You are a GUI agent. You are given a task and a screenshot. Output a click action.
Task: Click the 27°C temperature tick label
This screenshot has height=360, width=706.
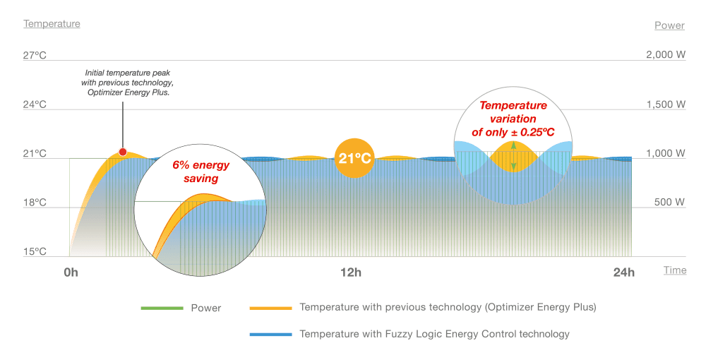pos(35,55)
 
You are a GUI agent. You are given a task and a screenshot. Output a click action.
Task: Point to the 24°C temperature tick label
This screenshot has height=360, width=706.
pos(35,104)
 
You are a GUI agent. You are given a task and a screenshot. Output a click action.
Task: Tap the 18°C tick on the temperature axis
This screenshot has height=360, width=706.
pos(35,203)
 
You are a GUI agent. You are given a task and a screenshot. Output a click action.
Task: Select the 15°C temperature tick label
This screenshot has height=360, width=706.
pos(35,252)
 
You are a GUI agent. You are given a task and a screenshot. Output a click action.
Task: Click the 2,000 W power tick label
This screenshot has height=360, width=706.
pos(666,55)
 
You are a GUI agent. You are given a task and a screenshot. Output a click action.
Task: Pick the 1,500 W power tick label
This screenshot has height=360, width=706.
pos(666,104)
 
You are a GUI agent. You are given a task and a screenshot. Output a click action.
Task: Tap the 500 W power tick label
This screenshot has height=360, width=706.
pos(670,203)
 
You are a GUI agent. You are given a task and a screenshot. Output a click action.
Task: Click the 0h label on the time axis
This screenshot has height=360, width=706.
pos(71,272)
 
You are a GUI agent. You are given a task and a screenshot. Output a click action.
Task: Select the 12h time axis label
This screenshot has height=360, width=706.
pos(351,272)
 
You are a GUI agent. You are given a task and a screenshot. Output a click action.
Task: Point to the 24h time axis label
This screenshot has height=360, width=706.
pos(624,272)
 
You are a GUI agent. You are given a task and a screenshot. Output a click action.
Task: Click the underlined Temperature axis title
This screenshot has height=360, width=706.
pos(52,24)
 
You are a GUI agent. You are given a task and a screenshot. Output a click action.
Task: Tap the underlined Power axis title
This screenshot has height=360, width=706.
pos(669,25)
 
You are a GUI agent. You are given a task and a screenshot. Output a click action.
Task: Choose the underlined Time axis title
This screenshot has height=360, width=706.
pos(675,270)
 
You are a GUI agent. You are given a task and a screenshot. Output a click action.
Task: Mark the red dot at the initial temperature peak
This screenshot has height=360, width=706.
pos(123,152)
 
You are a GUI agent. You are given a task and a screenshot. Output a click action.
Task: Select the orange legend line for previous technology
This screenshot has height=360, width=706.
pos(270,308)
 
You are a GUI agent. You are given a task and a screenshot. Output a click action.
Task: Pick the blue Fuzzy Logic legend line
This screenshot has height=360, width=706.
pos(270,334)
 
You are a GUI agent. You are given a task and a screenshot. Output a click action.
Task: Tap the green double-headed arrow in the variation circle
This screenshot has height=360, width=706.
pos(514,156)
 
